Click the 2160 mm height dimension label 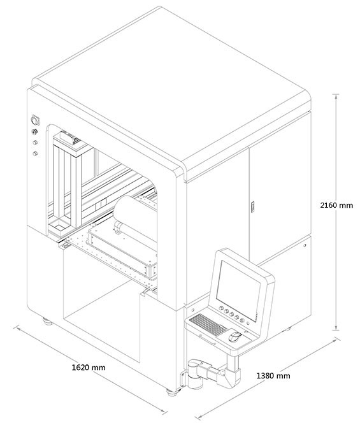[x=336, y=205]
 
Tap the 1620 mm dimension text [x=89, y=368]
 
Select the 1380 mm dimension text [x=273, y=376]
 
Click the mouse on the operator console [x=235, y=336]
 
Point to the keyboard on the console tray [x=208, y=324]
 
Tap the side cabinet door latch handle [x=252, y=206]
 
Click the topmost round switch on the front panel [x=35, y=120]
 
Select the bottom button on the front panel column [x=35, y=154]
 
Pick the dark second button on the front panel [x=34, y=133]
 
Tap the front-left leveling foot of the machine [x=48, y=322]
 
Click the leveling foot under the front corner [x=171, y=392]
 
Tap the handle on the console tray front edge [x=208, y=340]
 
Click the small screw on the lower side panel [x=305, y=245]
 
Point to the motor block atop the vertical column [x=68, y=137]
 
